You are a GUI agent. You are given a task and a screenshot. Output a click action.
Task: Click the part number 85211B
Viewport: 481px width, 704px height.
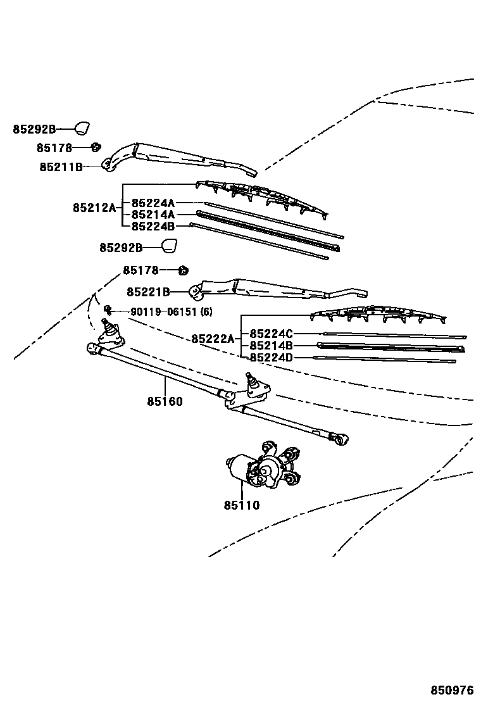click(x=61, y=167)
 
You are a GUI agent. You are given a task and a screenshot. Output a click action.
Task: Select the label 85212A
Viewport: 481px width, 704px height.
click(x=94, y=208)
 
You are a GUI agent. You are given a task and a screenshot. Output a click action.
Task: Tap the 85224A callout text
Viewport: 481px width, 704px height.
click(x=153, y=203)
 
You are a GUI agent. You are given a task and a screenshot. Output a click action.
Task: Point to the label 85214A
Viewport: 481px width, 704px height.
click(x=153, y=215)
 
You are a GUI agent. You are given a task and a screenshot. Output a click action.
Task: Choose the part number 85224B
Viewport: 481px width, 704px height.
click(x=153, y=226)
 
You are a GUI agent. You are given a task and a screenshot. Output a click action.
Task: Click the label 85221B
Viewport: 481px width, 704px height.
click(x=148, y=292)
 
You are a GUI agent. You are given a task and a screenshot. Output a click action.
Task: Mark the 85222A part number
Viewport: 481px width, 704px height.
click(x=213, y=339)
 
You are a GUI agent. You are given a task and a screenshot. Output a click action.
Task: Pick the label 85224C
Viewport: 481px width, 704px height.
click(x=271, y=334)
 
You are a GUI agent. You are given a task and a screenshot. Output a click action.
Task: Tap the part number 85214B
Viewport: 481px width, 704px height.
click(x=271, y=346)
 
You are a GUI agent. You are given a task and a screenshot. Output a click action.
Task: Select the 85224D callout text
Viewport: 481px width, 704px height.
click(x=271, y=358)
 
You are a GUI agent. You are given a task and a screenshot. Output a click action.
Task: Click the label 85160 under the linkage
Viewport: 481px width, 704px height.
click(x=165, y=401)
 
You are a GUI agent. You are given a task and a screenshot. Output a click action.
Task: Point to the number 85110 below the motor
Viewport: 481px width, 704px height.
click(x=241, y=505)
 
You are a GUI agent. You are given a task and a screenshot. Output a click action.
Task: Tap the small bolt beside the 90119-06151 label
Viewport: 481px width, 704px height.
click(x=108, y=310)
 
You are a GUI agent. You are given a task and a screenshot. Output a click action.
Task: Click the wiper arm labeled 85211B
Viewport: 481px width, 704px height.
click(x=177, y=158)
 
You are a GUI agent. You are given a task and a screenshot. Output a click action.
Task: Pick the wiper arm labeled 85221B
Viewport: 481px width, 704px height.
click(x=272, y=289)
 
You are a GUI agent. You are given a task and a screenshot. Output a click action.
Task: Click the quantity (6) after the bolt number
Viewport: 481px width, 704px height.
click(x=206, y=311)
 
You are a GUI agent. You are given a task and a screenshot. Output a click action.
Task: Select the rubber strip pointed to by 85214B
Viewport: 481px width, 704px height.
click(x=389, y=346)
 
